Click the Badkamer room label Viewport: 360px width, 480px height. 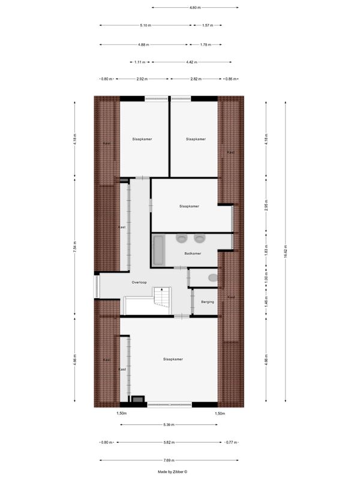(193, 253)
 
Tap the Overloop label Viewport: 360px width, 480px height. (139, 282)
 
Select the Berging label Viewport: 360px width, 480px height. (208, 302)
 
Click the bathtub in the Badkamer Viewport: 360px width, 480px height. (159, 251)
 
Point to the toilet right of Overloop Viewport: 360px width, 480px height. (212, 278)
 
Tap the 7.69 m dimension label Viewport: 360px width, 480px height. (169, 461)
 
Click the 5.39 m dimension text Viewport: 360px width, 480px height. (169, 425)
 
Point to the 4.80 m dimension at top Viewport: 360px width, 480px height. (194, 8)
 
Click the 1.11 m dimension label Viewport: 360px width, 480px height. (140, 62)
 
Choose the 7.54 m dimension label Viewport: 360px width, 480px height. (74, 252)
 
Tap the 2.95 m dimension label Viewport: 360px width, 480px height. (266, 207)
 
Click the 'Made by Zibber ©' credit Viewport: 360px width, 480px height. (173, 472)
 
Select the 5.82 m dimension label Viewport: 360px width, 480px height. (169, 442)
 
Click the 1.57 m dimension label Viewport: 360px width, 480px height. (208, 26)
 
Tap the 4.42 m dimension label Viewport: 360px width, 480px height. (191, 62)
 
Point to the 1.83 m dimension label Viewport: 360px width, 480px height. (266, 251)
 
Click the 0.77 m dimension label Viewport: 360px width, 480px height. (230, 442)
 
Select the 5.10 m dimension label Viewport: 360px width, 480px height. (145, 26)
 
